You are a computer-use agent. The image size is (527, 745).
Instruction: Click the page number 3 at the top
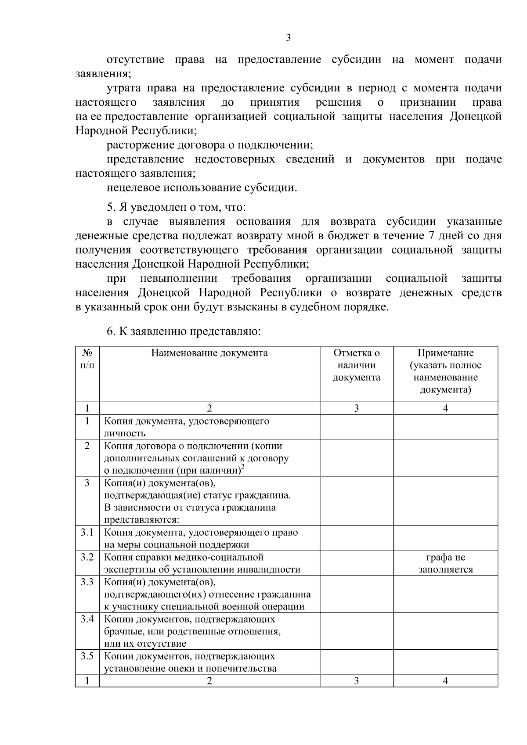pyautogui.click(x=288, y=38)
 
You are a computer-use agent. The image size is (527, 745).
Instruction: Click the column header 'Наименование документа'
pyautogui.click(x=209, y=353)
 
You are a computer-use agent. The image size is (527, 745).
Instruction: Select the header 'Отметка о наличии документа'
pyautogui.click(x=356, y=365)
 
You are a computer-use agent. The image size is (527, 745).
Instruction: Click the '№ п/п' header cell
pyautogui.click(x=87, y=359)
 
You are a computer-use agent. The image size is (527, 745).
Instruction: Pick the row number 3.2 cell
pyautogui.click(x=87, y=557)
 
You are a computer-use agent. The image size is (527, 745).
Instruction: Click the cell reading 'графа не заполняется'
pyautogui.click(x=445, y=563)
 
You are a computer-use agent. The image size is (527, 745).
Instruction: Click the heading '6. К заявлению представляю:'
pyautogui.click(x=184, y=331)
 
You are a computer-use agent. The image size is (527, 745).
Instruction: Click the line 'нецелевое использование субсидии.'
pyautogui.click(x=202, y=188)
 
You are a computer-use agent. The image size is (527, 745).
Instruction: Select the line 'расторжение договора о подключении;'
pyautogui.click(x=209, y=145)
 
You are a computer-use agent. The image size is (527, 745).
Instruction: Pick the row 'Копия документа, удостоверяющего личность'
pyautogui.click(x=186, y=427)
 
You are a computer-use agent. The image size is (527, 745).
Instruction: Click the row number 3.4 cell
pyautogui.click(x=87, y=619)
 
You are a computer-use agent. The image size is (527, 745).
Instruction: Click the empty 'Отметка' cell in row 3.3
pyautogui.click(x=356, y=594)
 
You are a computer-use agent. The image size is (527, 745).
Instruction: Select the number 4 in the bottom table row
pyautogui.click(x=445, y=681)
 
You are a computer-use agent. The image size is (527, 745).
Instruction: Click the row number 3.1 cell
pyautogui.click(x=87, y=533)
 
